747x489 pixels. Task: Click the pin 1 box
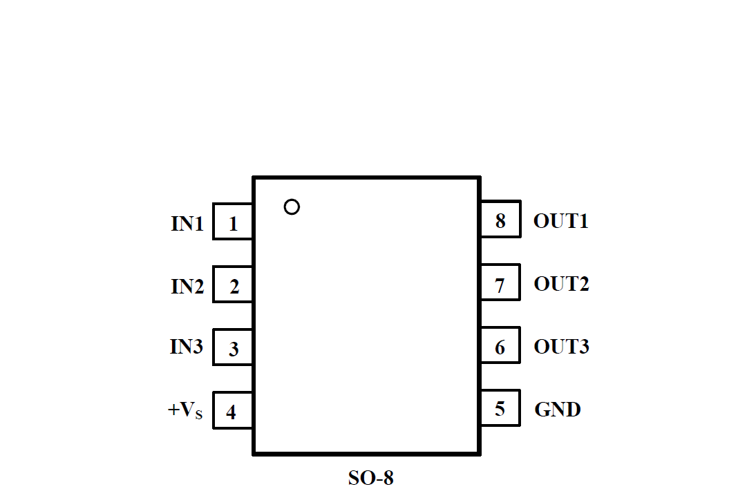[233, 222]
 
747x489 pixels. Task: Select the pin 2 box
[233, 285]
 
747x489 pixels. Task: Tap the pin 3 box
[233, 347]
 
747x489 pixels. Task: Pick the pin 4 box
[233, 411]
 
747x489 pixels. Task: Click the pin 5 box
[500, 409]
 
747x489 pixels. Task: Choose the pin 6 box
[500, 346]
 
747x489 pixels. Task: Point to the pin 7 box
[500, 283]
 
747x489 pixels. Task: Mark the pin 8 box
[500, 220]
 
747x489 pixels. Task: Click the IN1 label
[187, 224]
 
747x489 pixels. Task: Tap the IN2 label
[187, 286]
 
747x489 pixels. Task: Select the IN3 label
[187, 347]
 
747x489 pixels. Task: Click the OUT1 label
[560, 222]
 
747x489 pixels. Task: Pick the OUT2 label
[561, 284]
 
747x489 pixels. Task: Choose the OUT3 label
[561, 347]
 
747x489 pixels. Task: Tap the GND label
[557, 410]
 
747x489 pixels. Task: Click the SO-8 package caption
[370, 477]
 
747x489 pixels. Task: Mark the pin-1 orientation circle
[292, 207]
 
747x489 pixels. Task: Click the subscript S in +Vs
[199, 415]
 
